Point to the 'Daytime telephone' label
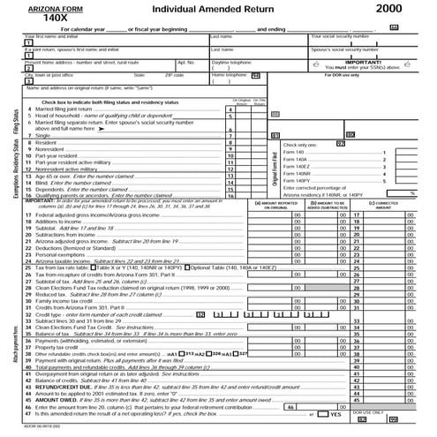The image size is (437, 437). [x=231, y=63]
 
